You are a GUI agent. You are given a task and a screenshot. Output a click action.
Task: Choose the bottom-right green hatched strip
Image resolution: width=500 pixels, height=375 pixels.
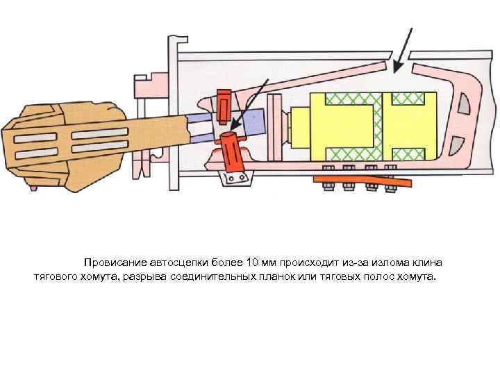(410, 151)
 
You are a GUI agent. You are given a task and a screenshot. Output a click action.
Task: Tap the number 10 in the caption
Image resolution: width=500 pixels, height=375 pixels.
(256, 262)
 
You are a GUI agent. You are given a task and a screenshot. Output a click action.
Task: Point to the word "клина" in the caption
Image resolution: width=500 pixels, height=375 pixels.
(427, 262)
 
